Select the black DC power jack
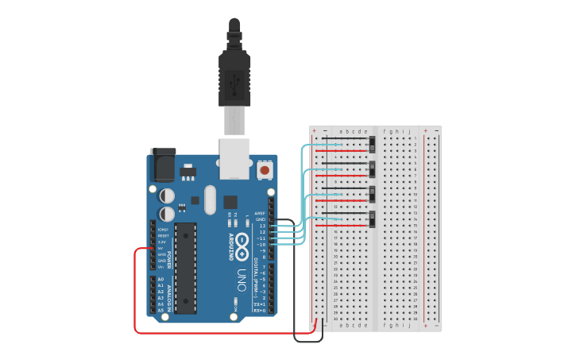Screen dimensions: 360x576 (163, 165)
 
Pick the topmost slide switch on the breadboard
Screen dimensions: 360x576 (372, 145)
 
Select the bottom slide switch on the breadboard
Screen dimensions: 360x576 (372, 219)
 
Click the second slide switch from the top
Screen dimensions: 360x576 (372, 169)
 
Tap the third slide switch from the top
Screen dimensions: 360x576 (372, 195)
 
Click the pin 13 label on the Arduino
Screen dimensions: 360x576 (262, 226)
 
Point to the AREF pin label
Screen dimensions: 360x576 (261, 213)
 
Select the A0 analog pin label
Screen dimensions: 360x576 (160, 279)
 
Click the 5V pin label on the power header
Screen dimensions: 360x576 (161, 248)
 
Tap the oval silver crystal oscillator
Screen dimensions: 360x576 (210, 199)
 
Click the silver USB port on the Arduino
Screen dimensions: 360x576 (234, 158)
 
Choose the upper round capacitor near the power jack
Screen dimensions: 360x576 (167, 195)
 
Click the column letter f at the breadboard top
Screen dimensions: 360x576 (385, 131)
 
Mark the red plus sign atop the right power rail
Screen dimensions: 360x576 (425, 130)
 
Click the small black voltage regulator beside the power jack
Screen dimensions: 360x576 (187, 172)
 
